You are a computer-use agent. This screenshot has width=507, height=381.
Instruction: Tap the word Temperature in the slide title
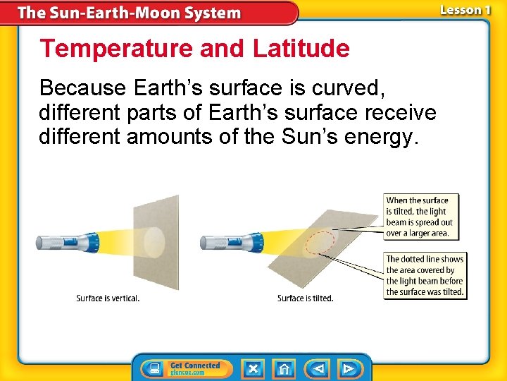pos(116,49)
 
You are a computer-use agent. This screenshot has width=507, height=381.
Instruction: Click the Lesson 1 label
pos(465,11)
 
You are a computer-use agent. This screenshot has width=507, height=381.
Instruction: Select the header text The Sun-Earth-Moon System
pos(129,13)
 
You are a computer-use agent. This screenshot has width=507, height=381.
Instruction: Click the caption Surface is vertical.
pos(108,298)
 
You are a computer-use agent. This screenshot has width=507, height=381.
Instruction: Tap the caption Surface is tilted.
pos(305,298)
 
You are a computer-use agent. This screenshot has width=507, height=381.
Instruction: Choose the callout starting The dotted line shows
pos(425,275)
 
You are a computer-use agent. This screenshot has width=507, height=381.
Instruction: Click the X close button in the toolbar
pos(253,368)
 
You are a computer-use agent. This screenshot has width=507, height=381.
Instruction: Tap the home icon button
pos(284,368)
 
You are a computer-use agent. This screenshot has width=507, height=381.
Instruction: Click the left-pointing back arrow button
pos(318,368)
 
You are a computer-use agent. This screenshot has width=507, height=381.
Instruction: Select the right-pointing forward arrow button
pos(349,368)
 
